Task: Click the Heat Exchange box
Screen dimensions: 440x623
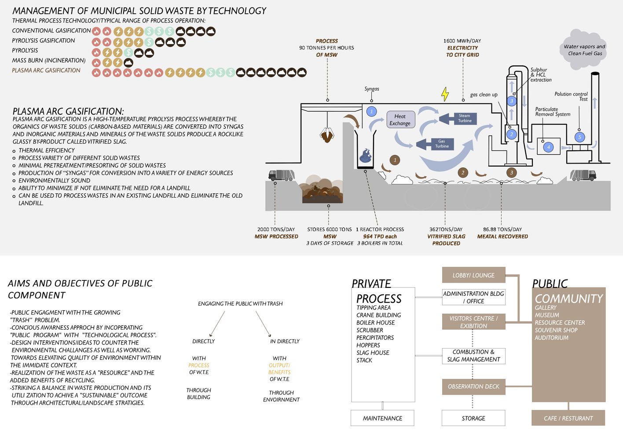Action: pyautogui.click(x=400, y=120)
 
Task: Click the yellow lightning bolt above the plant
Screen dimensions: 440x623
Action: pyautogui.click(x=445, y=94)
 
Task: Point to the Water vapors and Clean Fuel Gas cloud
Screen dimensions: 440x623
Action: pyautogui.click(x=584, y=50)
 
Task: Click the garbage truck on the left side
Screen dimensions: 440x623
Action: pyautogui.click(x=281, y=175)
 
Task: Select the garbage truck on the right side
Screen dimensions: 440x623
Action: pyautogui.click(x=583, y=175)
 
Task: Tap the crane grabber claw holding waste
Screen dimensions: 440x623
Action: pyautogui.click(x=327, y=135)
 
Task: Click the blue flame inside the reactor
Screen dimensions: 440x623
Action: pyautogui.click(x=366, y=155)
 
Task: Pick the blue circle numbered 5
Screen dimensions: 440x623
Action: pyautogui.click(x=579, y=137)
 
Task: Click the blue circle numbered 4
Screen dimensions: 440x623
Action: pyautogui.click(x=548, y=147)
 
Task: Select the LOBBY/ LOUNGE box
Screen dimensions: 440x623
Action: pyautogui.click(x=473, y=275)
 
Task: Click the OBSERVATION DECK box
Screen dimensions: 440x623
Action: pyautogui.click(x=473, y=386)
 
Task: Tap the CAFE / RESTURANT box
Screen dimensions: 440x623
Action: pyautogui.click(x=568, y=418)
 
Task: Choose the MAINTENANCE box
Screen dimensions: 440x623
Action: pyautogui.click(x=382, y=418)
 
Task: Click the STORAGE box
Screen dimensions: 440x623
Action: pyautogui.click(x=473, y=418)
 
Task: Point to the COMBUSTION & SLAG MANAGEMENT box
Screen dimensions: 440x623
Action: pyautogui.click(x=473, y=356)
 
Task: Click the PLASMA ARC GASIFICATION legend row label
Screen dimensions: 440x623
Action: pyautogui.click(x=46, y=70)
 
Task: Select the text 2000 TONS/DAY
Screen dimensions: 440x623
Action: pyautogui.click(x=276, y=229)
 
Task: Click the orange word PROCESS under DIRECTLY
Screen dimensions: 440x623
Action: pyautogui.click(x=199, y=365)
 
